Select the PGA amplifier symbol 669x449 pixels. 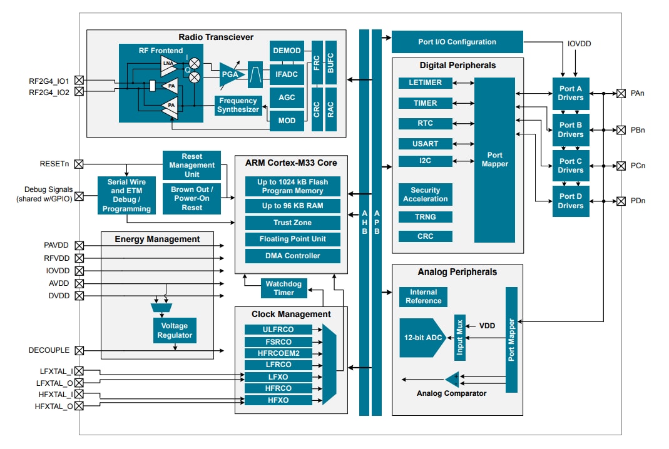(230, 75)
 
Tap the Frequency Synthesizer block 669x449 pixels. (238, 105)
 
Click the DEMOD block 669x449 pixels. (287, 50)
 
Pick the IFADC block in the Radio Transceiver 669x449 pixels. (287, 74)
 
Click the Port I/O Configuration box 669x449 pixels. (457, 42)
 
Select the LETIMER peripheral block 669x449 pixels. (426, 83)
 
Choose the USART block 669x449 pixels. (426, 144)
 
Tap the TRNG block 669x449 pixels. (426, 217)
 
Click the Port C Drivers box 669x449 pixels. (571, 166)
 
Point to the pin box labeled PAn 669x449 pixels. (621, 94)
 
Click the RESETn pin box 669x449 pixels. (79, 164)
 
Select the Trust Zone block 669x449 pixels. (292, 223)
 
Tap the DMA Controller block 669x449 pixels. (292, 256)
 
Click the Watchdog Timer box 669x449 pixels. (283, 288)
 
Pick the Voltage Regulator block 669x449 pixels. (175, 331)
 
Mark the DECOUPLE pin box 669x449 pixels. (79, 350)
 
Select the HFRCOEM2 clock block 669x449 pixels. (278, 353)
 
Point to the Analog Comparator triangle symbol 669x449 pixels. (452, 379)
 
